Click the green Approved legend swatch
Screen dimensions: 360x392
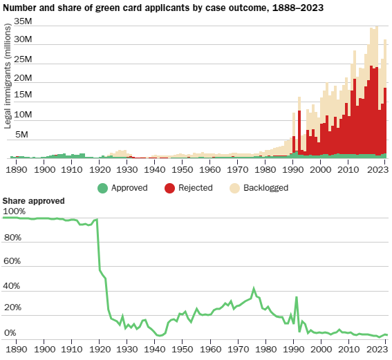[x=102, y=187]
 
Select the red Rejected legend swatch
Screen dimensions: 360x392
[x=169, y=187]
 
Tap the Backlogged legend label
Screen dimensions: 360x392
[x=266, y=187]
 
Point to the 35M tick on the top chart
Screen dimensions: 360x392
[x=23, y=21]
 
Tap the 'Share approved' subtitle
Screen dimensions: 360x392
[x=34, y=201]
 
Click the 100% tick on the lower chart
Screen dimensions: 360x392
[x=15, y=211]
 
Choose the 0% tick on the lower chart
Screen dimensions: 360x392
[x=11, y=334]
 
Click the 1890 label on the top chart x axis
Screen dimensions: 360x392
[x=17, y=169]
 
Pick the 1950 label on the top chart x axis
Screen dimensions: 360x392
[x=182, y=169]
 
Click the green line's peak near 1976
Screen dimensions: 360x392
[x=254, y=288]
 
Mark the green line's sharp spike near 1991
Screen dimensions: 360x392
[x=296, y=298]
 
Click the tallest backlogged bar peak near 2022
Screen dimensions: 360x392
[x=375, y=27]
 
